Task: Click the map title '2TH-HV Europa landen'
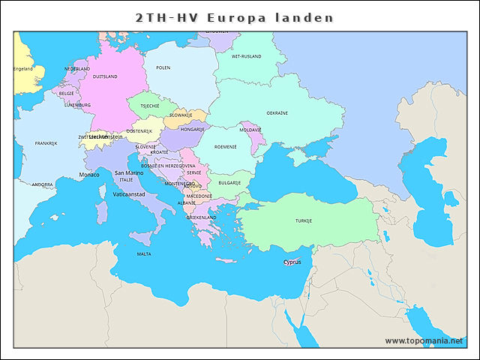[x=234, y=17]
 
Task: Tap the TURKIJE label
[x=303, y=221]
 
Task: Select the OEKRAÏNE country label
[x=277, y=113]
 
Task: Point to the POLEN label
[x=163, y=67]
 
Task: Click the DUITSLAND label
[x=105, y=76]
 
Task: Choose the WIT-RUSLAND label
[x=245, y=56]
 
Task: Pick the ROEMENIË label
[x=225, y=147]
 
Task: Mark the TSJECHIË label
[x=150, y=106]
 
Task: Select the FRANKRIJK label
[x=46, y=143]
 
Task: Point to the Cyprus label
[x=292, y=262]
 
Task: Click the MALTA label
[x=144, y=254]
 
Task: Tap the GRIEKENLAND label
[x=201, y=217]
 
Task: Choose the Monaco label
[x=89, y=175]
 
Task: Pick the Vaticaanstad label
[x=128, y=194]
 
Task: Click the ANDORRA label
[x=42, y=184]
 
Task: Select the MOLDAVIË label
[x=250, y=130]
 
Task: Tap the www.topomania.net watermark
[x=424, y=340]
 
